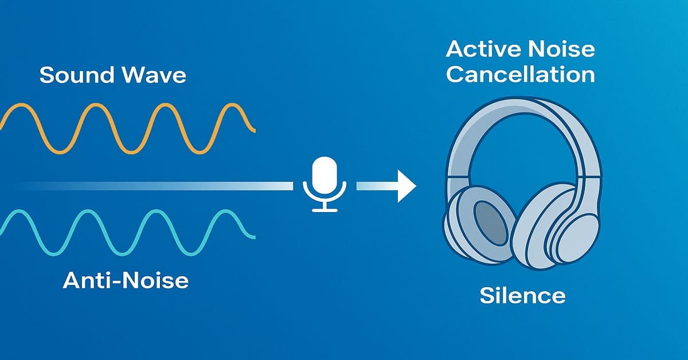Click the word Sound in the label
76,75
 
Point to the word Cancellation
521,75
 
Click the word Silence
522,295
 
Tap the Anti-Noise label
126,280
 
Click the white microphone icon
325,185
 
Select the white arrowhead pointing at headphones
406,186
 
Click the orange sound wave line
128,128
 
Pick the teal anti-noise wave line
128,233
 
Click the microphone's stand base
325,210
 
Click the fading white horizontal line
154,186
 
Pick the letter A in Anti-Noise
72,280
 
